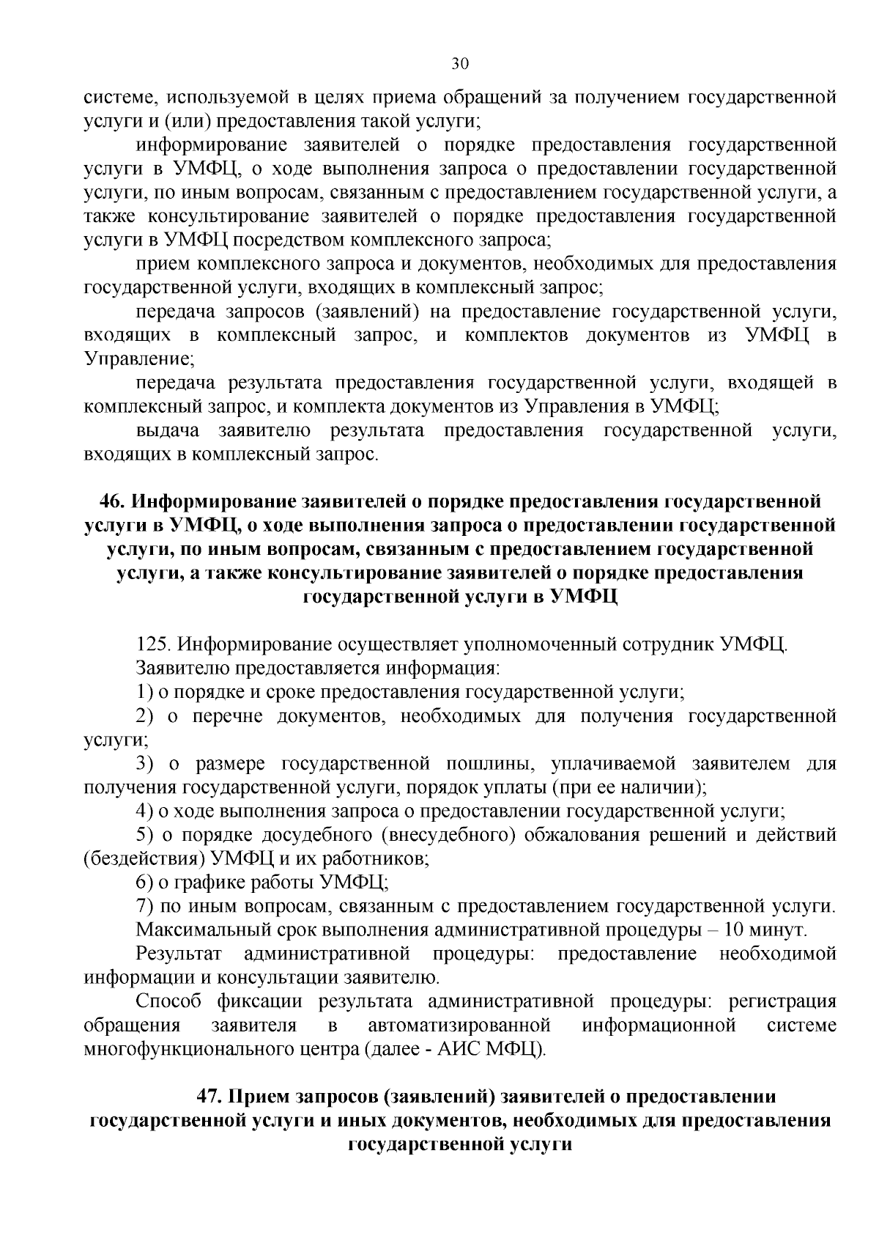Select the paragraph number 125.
point(153,645)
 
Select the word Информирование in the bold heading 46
point(212,502)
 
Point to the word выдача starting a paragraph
point(168,430)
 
